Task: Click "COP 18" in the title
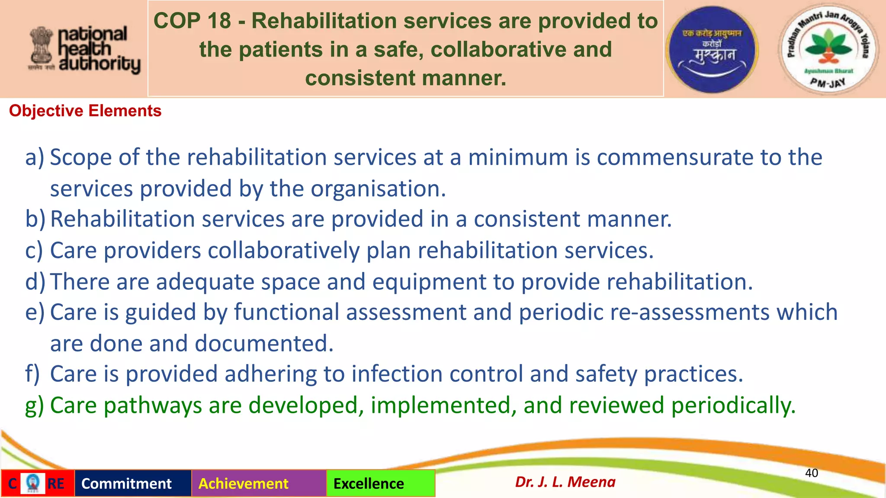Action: point(192,21)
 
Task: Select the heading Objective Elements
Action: point(85,111)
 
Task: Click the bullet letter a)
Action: point(35,157)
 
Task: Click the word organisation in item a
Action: point(378,189)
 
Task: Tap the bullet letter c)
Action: point(34,251)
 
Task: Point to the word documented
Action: point(263,344)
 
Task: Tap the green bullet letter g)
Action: point(34,406)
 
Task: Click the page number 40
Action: point(811,473)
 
